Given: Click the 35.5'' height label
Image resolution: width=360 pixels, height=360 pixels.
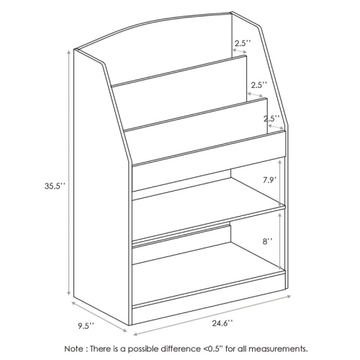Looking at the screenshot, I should [x=54, y=186].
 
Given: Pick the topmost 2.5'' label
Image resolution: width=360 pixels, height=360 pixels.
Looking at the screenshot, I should [x=242, y=42].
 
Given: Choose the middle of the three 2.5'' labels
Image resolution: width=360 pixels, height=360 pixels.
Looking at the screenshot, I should [x=258, y=85].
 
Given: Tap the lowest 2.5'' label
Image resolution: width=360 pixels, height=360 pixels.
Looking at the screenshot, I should [x=271, y=119].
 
